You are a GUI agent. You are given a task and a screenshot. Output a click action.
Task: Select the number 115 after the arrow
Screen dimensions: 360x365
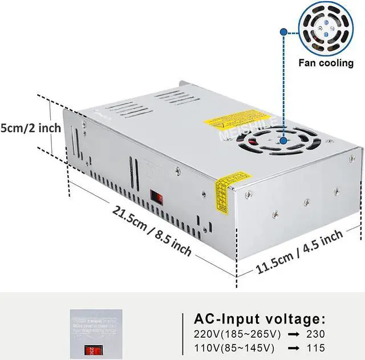pos(315,347)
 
